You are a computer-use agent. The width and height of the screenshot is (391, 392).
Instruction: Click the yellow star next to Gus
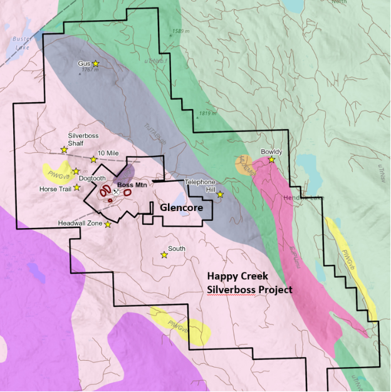coord(96,63)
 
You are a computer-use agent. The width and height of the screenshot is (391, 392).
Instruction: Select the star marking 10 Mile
coord(93,160)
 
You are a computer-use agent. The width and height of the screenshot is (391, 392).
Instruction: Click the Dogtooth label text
coord(93,178)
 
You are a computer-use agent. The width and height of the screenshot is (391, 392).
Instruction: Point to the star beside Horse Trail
coord(77,187)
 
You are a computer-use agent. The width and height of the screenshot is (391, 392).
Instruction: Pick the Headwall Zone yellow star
coord(108,224)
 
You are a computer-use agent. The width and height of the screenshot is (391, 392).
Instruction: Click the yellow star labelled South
coord(164,255)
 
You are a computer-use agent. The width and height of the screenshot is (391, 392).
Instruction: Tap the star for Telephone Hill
coord(220,195)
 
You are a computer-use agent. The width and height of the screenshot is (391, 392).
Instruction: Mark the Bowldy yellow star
coord(272,160)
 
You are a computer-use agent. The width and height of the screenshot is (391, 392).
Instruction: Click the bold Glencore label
coord(180,207)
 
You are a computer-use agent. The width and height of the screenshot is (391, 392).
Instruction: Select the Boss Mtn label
coord(132,185)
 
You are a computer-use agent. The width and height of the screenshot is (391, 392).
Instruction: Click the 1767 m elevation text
coord(91,71)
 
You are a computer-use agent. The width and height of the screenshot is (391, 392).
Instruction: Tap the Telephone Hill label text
coord(201,185)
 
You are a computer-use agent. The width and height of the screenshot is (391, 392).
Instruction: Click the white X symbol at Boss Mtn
coord(116,192)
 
